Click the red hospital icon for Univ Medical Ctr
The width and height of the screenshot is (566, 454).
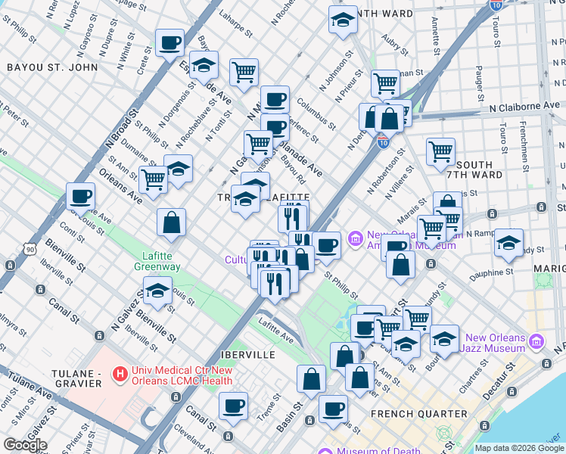pos(119,373)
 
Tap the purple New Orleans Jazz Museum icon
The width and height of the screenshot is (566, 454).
pos(536,341)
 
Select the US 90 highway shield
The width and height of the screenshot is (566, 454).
pos(30,248)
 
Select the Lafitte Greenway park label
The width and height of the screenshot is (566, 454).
pos(157,261)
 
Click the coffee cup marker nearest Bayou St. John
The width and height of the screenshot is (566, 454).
pos(169,42)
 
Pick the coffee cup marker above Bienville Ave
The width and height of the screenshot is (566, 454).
pos(80,197)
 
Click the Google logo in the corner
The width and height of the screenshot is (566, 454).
pos(25,445)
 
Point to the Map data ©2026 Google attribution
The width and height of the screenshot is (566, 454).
pos(518,448)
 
